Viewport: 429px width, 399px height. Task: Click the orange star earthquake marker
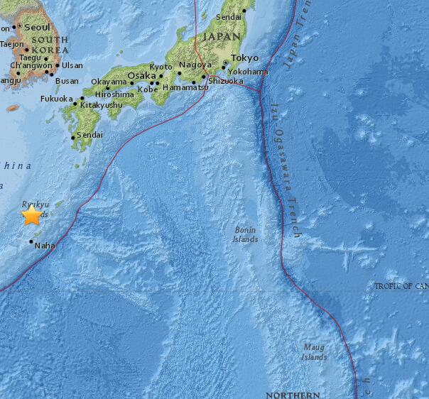click(32, 215)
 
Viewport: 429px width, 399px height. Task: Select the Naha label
click(45, 246)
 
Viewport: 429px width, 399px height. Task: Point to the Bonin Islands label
click(246, 234)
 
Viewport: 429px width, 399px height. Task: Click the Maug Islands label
click(314, 352)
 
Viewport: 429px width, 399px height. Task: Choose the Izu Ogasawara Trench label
click(285, 169)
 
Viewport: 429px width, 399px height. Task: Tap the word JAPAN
click(222, 35)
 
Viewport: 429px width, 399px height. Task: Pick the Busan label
click(67, 80)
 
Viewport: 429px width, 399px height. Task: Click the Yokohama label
click(249, 72)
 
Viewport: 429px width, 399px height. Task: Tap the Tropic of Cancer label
click(401, 286)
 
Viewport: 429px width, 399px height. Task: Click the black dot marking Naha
click(31, 241)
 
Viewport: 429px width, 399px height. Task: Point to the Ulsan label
click(72, 65)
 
